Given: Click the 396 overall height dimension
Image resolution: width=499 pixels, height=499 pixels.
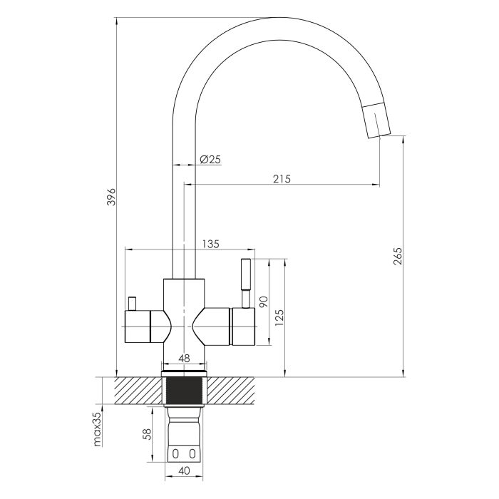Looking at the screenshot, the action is click(111, 197).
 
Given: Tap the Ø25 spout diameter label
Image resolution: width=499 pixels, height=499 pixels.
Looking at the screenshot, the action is click(210, 159).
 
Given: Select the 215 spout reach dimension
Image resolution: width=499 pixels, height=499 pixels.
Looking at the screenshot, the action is click(282, 179).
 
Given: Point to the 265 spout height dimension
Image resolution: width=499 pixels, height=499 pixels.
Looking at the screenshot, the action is click(398, 256).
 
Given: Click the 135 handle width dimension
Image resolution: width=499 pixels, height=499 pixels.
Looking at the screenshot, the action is click(211, 244).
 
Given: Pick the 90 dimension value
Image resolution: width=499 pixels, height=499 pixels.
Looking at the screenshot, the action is click(264, 302).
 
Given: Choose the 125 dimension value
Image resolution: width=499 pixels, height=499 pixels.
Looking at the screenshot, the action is click(279, 318).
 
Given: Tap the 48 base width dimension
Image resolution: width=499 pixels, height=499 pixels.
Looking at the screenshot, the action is click(184, 359).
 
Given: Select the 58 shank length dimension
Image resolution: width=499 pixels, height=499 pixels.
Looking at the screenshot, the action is click(147, 434).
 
